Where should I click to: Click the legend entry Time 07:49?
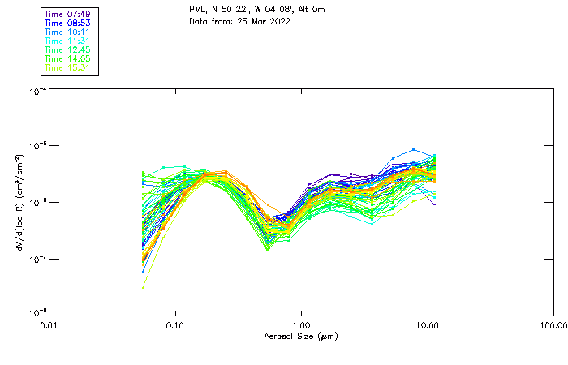(68, 14)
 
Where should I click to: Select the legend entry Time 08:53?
(68, 23)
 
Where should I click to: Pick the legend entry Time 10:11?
(68, 32)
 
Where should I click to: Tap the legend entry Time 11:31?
(68, 41)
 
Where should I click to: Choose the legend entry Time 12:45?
(68, 49)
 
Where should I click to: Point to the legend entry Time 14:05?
(68, 58)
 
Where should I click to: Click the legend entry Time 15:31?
(68, 67)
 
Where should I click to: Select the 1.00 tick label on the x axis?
(302, 325)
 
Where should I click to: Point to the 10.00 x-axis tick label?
(428, 325)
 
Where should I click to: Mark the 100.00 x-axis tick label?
(553, 325)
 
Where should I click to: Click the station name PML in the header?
(197, 10)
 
